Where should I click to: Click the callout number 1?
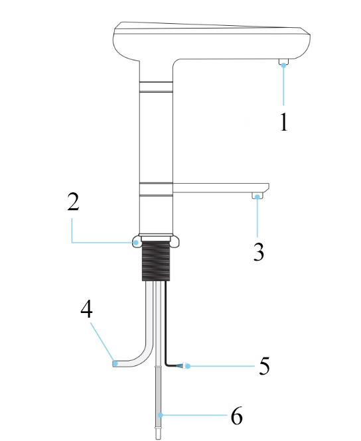click(284, 122)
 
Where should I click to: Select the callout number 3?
click(259, 252)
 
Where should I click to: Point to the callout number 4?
click(86, 309)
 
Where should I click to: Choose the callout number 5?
click(264, 365)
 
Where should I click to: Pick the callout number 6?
click(237, 415)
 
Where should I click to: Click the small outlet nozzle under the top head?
click(283, 62)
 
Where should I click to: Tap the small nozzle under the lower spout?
click(257, 196)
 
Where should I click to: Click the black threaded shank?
click(156, 261)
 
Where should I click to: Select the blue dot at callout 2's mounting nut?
click(137, 243)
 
